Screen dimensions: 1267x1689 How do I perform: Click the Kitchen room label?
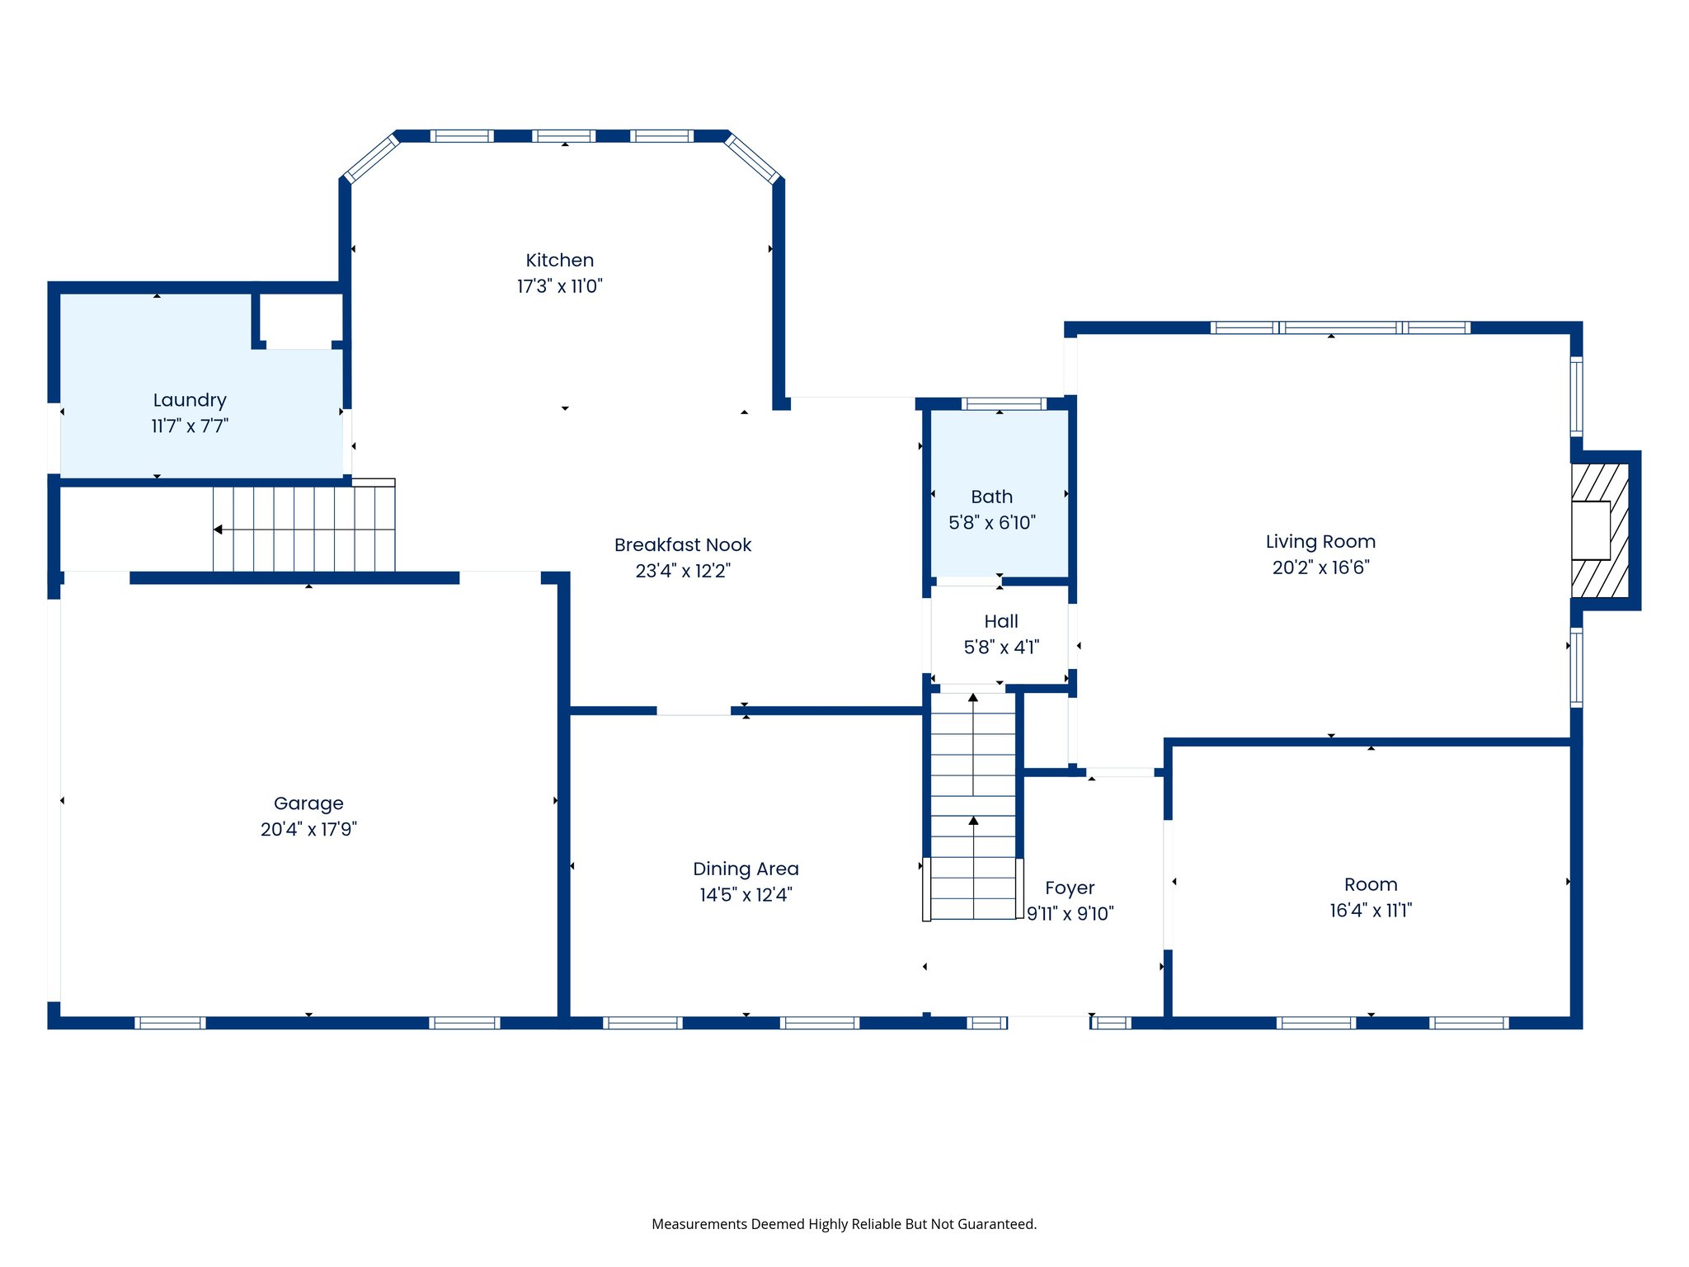559,260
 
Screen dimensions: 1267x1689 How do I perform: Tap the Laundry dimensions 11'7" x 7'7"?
190,426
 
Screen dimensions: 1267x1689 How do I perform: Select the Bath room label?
991,497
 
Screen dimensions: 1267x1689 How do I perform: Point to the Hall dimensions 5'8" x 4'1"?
1001,647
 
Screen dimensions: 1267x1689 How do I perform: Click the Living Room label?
1320,541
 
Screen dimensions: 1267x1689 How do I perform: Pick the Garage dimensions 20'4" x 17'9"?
308,829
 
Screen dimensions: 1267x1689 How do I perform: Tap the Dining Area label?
746,869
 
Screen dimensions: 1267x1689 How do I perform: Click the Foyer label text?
1070,888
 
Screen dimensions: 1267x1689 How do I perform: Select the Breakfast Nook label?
683,544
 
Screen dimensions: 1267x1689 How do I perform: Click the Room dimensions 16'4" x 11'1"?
1371,910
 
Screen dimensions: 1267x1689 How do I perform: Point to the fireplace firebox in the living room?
1591,530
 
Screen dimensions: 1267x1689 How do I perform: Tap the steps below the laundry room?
303,529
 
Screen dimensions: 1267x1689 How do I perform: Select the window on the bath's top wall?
1004,403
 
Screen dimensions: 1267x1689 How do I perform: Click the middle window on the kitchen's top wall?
563,136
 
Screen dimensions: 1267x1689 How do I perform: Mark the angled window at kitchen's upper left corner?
371,158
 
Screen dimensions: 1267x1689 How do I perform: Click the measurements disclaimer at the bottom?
844,1224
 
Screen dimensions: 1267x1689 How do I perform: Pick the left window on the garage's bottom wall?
170,1023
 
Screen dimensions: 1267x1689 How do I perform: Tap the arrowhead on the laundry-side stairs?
218,530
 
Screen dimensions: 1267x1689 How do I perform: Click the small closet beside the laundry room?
299,318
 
